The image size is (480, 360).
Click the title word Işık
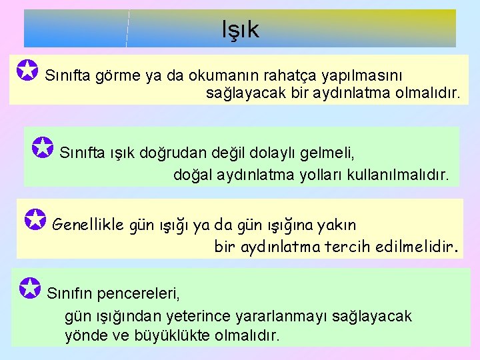(241, 30)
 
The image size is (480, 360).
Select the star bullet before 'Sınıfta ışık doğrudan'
(43, 148)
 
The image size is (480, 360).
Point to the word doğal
(192, 175)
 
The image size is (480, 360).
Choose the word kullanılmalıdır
(403, 175)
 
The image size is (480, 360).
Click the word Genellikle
(88, 225)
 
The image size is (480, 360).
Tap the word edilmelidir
(416, 247)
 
